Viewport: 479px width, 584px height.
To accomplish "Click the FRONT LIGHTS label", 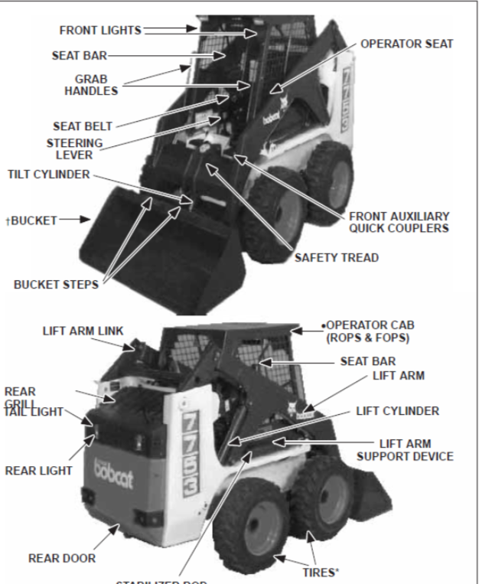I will pos(99,31).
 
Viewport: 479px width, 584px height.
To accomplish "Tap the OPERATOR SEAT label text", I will pos(407,44).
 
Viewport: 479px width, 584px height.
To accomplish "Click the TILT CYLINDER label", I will pos(48,175).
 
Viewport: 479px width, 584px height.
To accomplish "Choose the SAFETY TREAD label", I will pos(337,258).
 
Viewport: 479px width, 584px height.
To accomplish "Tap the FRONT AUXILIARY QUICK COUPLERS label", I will pos(399,221).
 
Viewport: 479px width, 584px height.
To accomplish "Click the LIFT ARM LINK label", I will pos(79,331).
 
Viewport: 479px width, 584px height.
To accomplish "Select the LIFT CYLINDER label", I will pos(398,411).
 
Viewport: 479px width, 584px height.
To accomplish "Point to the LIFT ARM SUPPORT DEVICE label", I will pos(406,449).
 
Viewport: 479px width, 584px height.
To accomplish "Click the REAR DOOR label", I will pos(62,558).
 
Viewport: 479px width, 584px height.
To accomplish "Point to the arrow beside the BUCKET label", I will pos(74,220).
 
